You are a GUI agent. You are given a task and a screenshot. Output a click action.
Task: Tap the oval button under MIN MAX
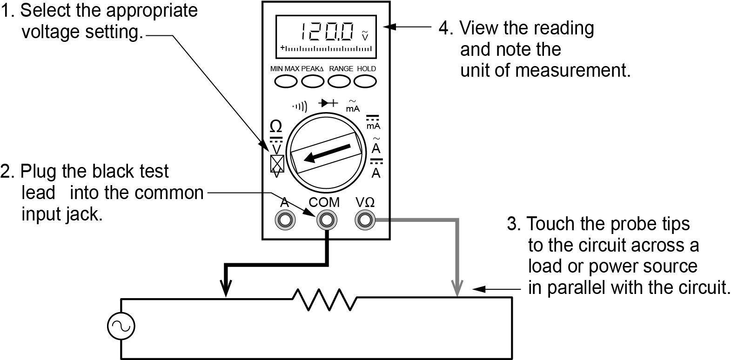coord(286,81)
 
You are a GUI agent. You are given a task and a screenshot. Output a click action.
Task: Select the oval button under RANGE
coord(339,81)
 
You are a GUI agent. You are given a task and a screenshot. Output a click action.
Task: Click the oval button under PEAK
coord(313,81)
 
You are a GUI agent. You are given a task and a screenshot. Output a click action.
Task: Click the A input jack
coord(285,220)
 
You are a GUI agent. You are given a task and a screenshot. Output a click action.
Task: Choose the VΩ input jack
coord(365,220)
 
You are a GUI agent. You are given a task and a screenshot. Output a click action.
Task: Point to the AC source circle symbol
coord(121,326)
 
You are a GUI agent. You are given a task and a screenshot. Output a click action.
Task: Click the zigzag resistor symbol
coord(324,299)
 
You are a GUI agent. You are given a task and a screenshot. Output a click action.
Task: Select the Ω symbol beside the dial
coord(276,126)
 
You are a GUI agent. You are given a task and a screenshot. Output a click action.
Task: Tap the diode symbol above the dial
coord(328,103)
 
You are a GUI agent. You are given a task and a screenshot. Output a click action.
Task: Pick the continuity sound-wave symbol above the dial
coord(300,107)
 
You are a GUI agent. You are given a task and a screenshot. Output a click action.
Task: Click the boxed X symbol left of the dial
coord(277,163)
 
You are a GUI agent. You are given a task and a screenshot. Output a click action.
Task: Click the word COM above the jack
coord(324,202)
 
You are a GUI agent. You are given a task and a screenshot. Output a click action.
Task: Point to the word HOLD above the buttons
coord(366,69)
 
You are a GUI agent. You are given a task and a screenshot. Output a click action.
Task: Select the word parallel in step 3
coord(577,288)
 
